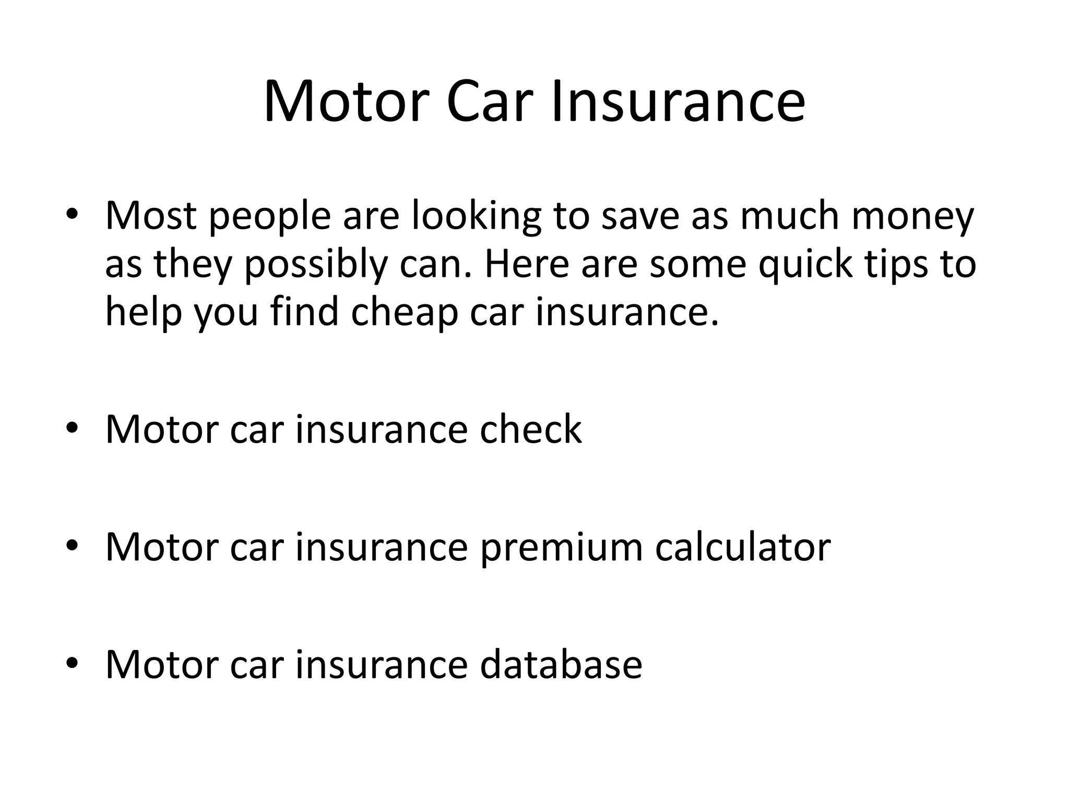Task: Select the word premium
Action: pyautogui.click(x=561, y=548)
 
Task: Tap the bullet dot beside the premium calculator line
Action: pyautogui.click(x=72, y=546)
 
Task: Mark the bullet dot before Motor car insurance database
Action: pyautogui.click(x=72, y=663)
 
